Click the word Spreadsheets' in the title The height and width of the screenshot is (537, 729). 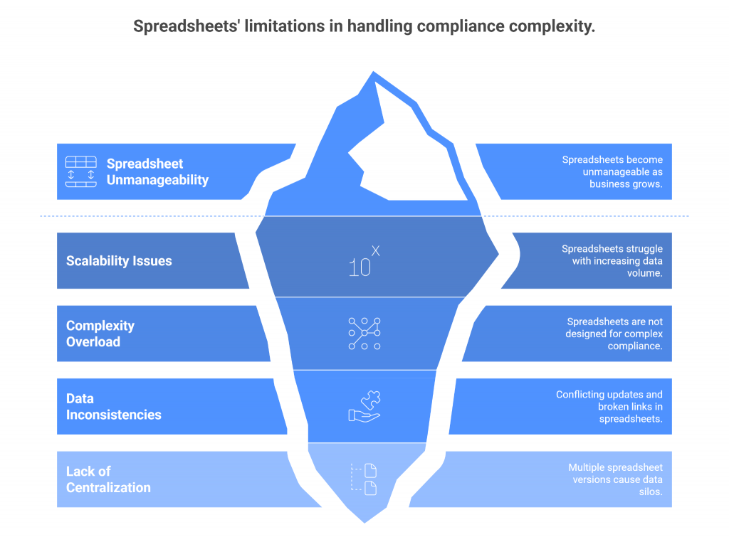[x=186, y=26]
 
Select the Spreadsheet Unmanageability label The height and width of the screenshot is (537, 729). [x=157, y=171]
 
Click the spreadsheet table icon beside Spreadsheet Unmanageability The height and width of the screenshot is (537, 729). [x=81, y=171]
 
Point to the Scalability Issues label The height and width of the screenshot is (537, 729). [x=119, y=260]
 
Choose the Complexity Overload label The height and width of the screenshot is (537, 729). [x=100, y=334]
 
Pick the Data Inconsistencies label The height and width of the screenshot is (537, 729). [x=113, y=406]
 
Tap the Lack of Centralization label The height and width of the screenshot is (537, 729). [x=108, y=479]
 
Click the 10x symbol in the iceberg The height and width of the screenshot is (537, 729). [x=364, y=261]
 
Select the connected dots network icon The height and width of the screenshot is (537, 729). [x=364, y=334]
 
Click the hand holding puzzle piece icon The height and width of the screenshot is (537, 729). [x=364, y=406]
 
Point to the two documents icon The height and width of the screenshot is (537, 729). [x=364, y=479]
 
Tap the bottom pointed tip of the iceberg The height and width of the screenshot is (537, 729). [x=364, y=523]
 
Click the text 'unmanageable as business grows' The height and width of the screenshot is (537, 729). [x=622, y=178]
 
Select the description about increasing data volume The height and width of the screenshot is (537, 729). [x=612, y=260]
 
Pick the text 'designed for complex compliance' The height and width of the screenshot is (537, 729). [x=614, y=339]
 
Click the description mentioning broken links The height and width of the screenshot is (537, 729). [x=609, y=406]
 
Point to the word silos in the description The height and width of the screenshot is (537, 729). [x=651, y=491]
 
